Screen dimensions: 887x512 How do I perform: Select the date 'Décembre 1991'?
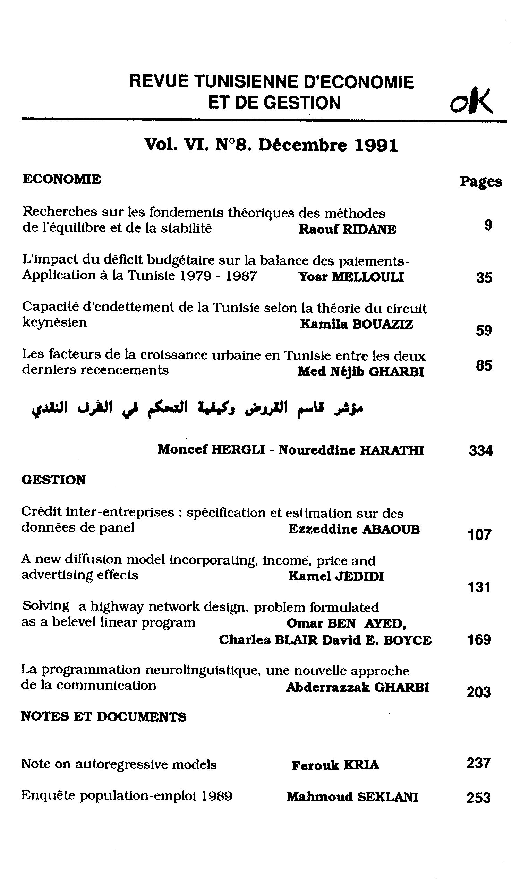tap(328, 145)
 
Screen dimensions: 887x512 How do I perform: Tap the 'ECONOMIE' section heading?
tap(62, 179)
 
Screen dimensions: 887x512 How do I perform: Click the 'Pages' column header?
tap(481, 182)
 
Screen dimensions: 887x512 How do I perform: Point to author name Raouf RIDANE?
tap(348, 230)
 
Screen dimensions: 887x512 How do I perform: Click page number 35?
tap(484, 278)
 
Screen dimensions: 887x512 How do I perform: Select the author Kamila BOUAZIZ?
tap(357, 324)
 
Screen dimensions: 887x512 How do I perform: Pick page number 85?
tap(484, 366)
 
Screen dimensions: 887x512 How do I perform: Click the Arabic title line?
tap(197, 408)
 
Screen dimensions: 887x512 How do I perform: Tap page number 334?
tap(481, 450)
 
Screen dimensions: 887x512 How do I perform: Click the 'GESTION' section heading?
tap(53, 480)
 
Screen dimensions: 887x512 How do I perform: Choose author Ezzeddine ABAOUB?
tap(354, 529)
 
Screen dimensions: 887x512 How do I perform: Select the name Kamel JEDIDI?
tap(336, 576)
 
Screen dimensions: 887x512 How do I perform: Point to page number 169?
tap(479, 640)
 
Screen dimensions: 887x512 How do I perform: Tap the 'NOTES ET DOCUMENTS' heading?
tap(104, 717)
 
